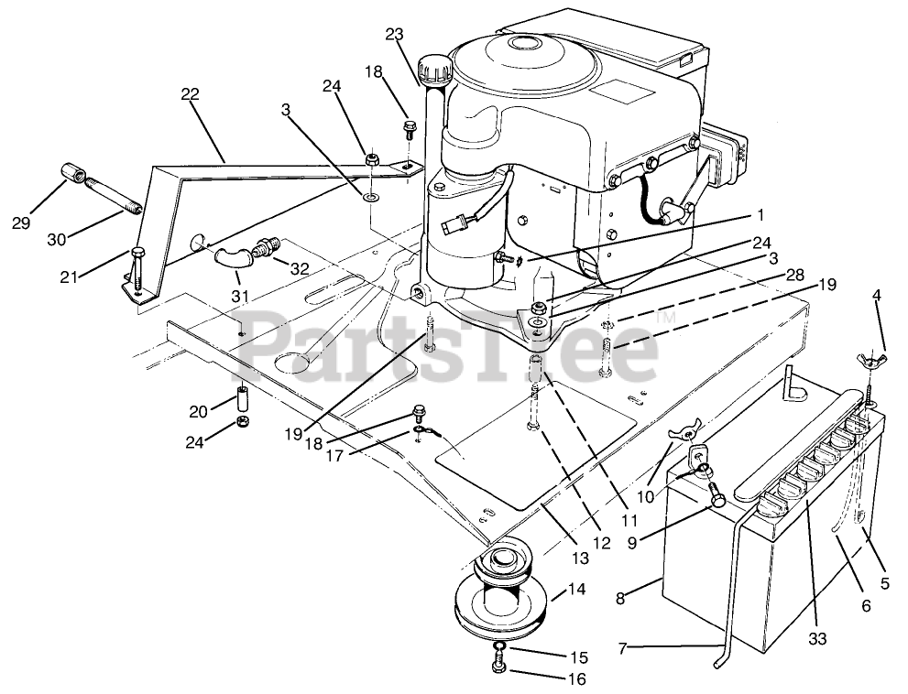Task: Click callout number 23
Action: (394, 35)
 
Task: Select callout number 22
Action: (190, 94)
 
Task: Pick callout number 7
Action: (624, 648)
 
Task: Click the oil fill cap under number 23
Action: (431, 69)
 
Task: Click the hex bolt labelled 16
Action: (498, 668)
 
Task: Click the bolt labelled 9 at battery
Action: (718, 500)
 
